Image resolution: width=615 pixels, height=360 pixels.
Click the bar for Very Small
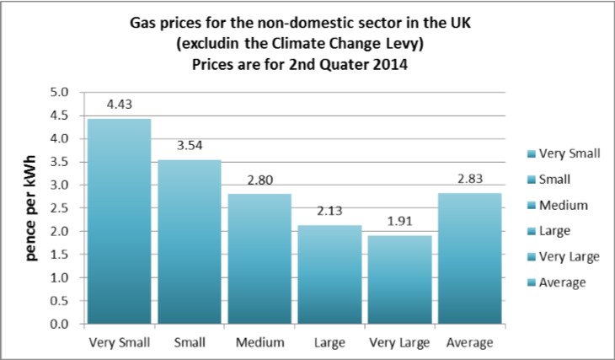click(x=119, y=221)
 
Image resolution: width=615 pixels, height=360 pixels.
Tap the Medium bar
click(x=259, y=258)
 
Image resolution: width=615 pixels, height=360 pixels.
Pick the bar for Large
click(x=329, y=274)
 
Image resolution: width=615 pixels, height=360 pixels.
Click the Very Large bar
click(x=399, y=279)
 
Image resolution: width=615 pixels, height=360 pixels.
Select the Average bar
click(x=469, y=258)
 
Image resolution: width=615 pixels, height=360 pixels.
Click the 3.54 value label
click(x=190, y=147)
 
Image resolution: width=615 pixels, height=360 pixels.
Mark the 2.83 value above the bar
click(x=469, y=180)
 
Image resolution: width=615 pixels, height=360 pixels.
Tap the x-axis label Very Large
click(x=399, y=342)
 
